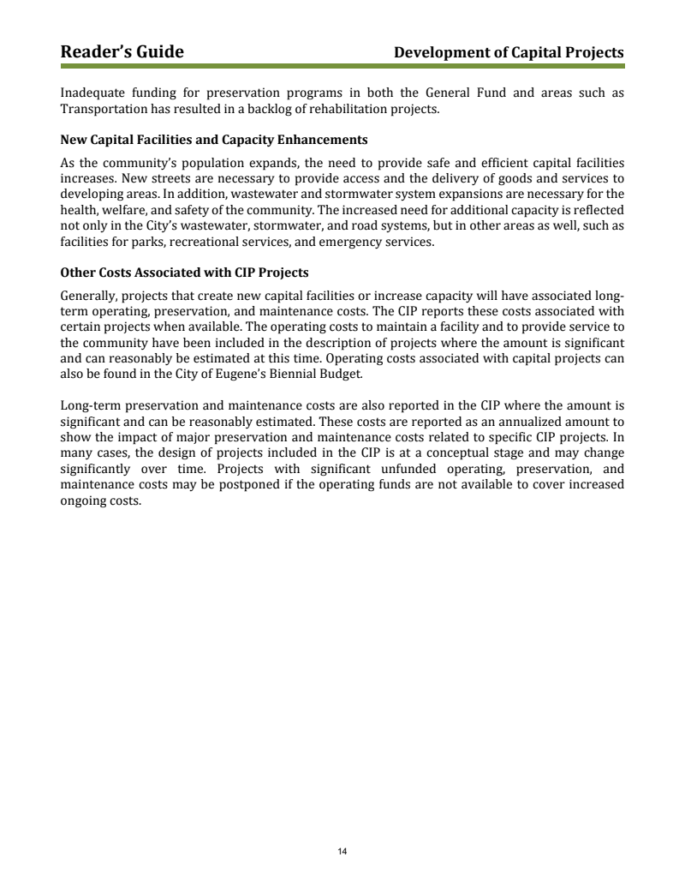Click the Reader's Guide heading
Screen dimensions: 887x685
122,52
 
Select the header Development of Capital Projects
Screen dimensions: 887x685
509,53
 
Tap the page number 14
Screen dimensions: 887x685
342,851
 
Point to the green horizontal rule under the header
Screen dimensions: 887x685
342,66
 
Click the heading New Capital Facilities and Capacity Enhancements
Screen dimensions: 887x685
214,140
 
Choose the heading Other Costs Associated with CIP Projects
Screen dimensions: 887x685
184,273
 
